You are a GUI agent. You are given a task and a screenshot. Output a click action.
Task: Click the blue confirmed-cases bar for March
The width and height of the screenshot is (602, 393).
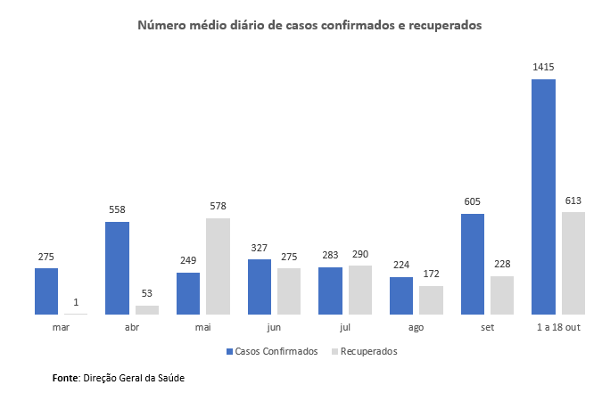coord(46,291)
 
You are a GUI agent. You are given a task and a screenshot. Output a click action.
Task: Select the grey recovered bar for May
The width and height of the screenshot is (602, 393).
coord(218,266)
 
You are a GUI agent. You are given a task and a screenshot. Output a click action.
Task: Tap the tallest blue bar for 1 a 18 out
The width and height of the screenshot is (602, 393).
coord(543,197)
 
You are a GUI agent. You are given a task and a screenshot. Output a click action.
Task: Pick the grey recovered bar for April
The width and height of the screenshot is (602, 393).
coord(147,310)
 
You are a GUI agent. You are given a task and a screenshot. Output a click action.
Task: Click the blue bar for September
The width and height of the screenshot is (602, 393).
coord(473,264)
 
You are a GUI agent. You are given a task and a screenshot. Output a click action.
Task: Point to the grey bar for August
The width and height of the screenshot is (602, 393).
coord(431,300)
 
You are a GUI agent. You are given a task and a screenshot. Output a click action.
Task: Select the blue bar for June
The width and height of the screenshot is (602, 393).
coord(260,287)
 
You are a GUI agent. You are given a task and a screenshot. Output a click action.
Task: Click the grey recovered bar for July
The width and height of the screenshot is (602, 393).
coord(359,290)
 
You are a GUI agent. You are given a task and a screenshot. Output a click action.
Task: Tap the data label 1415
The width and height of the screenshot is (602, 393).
coord(544,68)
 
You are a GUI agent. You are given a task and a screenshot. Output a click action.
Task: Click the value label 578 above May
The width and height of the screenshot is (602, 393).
coord(218,207)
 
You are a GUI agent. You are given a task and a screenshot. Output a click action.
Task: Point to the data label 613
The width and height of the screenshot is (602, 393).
coord(573,201)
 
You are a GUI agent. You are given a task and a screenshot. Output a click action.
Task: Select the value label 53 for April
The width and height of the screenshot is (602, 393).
coord(147,294)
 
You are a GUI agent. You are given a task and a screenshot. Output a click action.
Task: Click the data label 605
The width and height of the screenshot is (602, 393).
coord(473,202)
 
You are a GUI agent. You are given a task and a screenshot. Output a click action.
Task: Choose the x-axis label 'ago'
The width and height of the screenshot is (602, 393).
coord(416,328)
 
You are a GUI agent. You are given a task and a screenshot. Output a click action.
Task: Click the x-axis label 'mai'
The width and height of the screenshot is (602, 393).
coord(202,328)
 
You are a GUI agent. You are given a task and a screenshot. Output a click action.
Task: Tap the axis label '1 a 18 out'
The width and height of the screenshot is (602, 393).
coord(557,328)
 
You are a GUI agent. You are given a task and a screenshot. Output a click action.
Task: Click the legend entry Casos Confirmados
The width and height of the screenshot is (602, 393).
coord(275,351)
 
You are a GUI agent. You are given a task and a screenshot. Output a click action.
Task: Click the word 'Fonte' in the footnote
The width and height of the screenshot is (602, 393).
coord(66,378)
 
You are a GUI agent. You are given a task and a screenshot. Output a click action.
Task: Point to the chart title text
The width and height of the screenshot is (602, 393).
coord(309,26)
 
